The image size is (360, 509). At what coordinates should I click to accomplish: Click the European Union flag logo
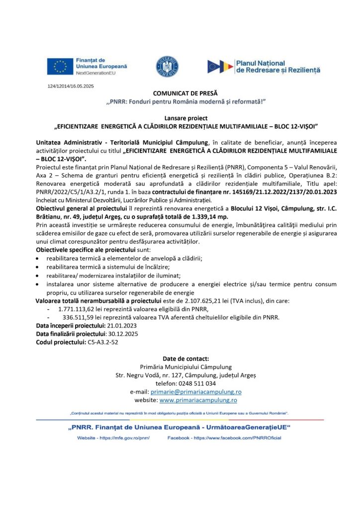61,66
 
